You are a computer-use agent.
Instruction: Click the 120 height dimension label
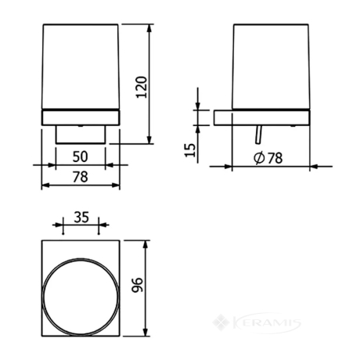[x=142, y=87]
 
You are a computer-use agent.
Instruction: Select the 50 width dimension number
[x=81, y=157]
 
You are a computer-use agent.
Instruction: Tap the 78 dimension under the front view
[x=81, y=177]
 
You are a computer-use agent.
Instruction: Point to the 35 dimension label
[x=81, y=218]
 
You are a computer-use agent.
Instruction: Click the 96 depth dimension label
[x=137, y=285]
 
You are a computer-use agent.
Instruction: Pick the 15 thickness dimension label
[x=190, y=150]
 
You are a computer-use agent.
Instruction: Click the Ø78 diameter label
[x=268, y=158]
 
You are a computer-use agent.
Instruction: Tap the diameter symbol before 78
[x=259, y=158]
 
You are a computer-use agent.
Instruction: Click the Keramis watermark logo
[x=257, y=323]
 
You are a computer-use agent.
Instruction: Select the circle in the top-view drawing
[x=81, y=259]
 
